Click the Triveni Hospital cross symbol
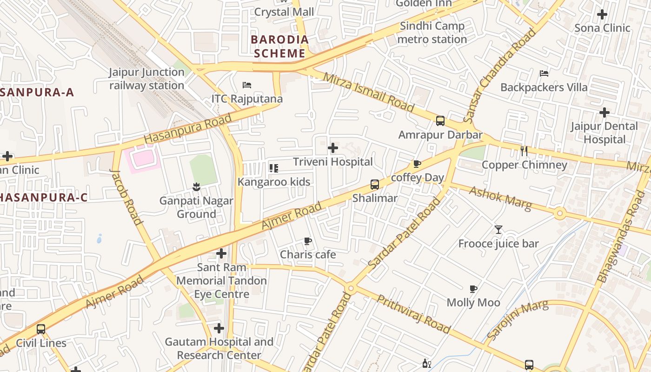point(333,148)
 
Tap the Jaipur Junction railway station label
point(147,79)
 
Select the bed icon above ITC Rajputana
point(247,85)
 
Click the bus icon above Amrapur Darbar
point(440,121)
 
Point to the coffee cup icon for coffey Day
point(417,164)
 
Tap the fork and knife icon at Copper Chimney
point(524,151)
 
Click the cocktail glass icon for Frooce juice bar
point(498,229)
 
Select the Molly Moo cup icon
point(473,289)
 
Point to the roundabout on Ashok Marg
point(560,214)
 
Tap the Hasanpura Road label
point(187,129)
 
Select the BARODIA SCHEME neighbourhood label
point(279,46)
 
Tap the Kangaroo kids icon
point(274,168)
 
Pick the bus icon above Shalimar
point(375,184)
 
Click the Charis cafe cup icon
point(307,241)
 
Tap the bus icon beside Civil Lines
point(41,329)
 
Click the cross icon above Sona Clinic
point(602,14)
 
